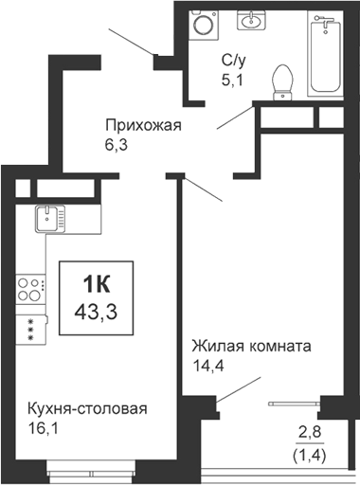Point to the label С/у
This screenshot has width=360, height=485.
pos(233,61)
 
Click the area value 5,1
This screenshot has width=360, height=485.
pos(231,80)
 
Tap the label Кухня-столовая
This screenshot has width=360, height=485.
pos(87,409)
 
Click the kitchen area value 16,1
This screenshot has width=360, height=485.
pos(45,428)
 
